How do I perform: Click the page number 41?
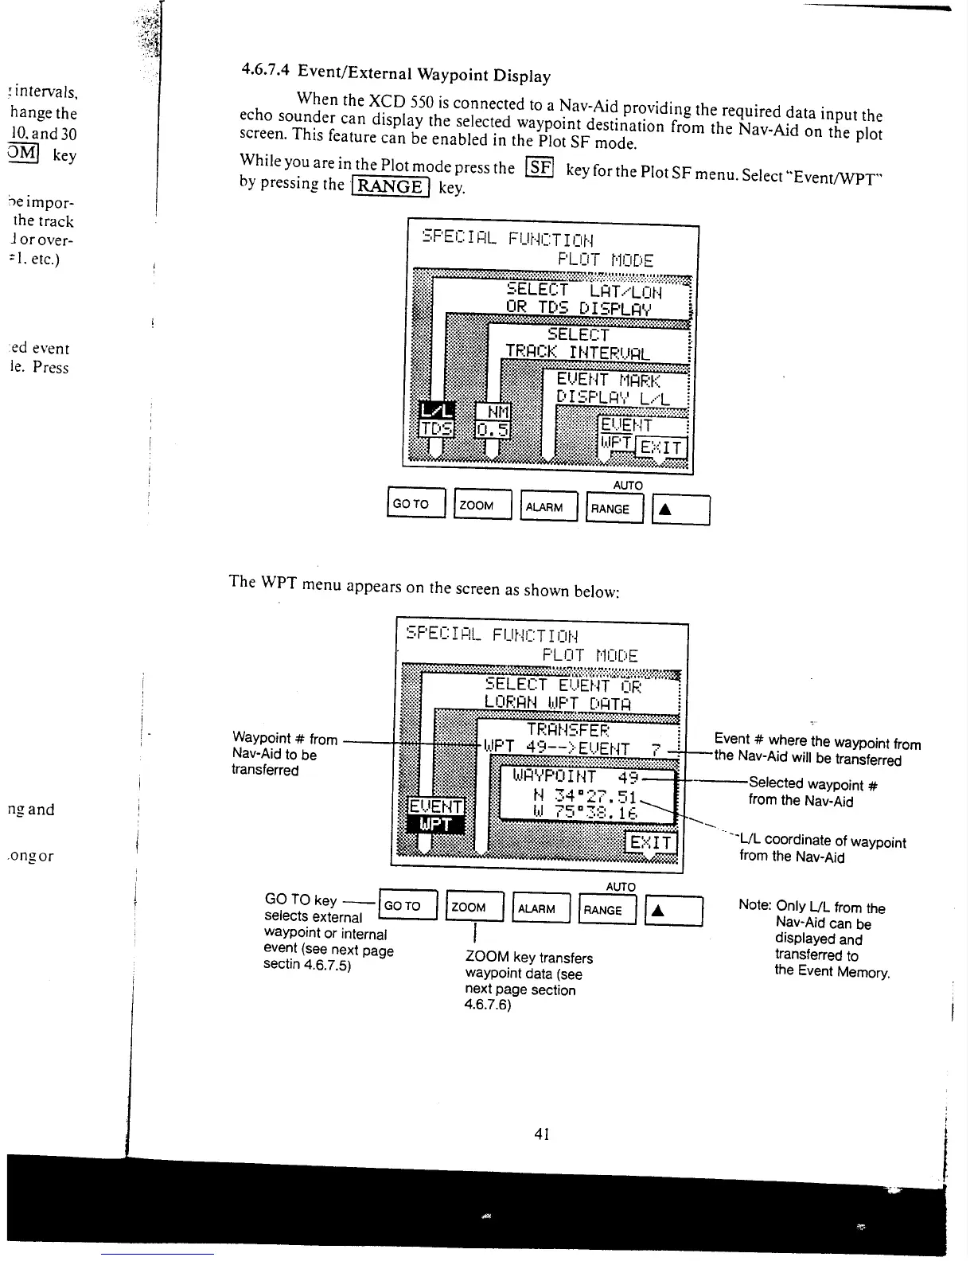click(542, 1133)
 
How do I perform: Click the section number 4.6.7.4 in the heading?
click(267, 69)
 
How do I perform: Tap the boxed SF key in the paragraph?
click(540, 167)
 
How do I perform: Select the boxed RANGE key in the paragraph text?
click(390, 186)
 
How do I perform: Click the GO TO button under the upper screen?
click(415, 503)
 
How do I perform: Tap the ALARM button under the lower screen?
click(541, 908)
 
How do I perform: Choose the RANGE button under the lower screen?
click(607, 910)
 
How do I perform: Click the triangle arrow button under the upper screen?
click(680, 510)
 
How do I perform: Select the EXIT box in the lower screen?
click(651, 842)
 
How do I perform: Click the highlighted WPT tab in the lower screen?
click(435, 824)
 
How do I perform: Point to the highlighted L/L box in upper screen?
click(437, 411)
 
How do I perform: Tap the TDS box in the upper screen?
click(437, 429)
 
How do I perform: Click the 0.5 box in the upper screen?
click(492, 430)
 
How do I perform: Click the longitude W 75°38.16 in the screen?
click(584, 813)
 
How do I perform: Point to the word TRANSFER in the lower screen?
click(568, 730)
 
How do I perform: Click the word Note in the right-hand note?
click(754, 905)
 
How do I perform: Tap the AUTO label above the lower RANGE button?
click(621, 886)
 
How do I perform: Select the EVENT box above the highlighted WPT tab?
click(435, 806)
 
